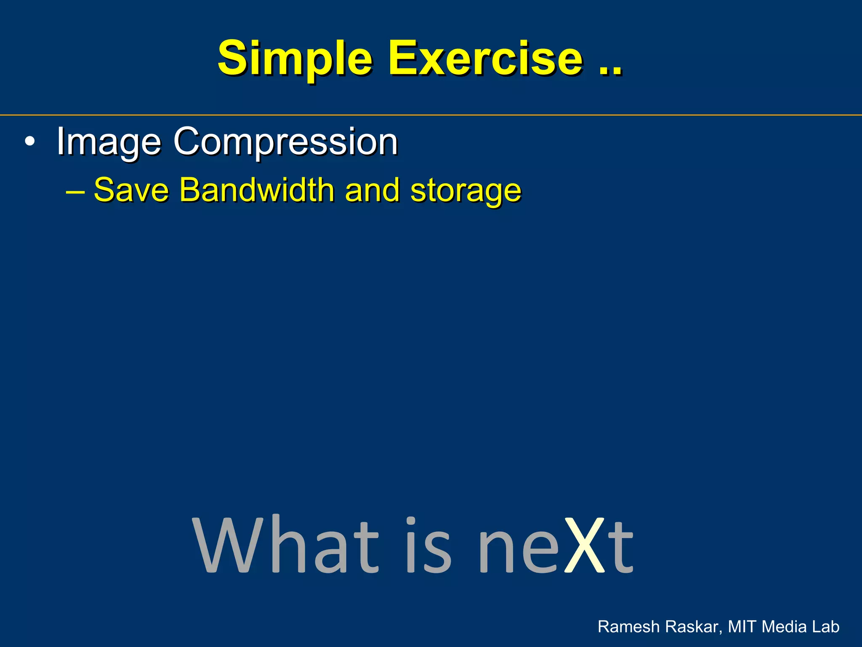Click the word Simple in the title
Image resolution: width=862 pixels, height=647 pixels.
[295, 59]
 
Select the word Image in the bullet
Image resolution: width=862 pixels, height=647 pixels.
[109, 142]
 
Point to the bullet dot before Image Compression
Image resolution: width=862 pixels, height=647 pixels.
[29, 142]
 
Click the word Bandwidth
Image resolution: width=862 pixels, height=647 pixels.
[257, 190]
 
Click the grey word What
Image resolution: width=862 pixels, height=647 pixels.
[286, 545]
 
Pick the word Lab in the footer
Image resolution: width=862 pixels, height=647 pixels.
[825, 627]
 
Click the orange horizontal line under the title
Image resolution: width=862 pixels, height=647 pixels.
[431, 115]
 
